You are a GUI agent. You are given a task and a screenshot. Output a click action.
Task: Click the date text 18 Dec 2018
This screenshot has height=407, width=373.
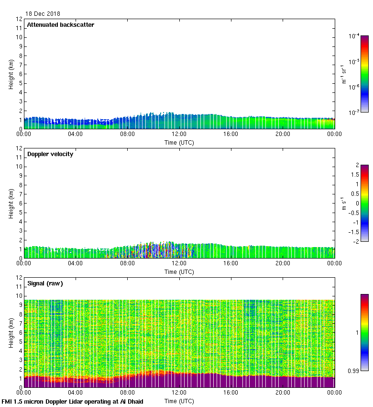click(x=43, y=14)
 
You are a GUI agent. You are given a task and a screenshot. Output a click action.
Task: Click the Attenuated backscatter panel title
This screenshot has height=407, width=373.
click(x=60, y=25)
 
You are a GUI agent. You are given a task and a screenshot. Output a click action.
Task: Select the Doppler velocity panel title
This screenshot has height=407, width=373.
click(x=50, y=154)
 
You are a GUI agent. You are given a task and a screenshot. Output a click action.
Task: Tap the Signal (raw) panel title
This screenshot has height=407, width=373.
click(x=45, y=283)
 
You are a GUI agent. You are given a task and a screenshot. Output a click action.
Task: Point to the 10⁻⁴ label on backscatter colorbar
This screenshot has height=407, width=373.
click(x=354, y=36)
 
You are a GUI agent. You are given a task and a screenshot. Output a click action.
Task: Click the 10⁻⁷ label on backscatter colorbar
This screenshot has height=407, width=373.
click(x=354, y=113)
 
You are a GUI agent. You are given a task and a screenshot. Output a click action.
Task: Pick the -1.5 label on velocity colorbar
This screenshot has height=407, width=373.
click(x=354, y=232)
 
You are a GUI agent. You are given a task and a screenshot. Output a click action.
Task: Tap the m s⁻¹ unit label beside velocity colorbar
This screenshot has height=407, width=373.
click(x=343, y=203)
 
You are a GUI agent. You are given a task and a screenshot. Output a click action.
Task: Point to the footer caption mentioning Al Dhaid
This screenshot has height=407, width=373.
click(x=73, y=401)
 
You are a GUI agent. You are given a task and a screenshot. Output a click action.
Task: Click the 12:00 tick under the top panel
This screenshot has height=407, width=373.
click(x=179, y=134)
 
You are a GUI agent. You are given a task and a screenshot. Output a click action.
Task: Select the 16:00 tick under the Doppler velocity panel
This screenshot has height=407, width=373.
click(x=231, y=263)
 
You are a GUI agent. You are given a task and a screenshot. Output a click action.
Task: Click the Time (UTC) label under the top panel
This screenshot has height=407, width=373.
click(x=179, y=142)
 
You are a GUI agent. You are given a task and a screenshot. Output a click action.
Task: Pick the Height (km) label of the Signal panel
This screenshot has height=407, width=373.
click(x=11, y=333)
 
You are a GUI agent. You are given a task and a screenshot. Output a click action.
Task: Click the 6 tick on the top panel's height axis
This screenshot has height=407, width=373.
click(x=20, y=74)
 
